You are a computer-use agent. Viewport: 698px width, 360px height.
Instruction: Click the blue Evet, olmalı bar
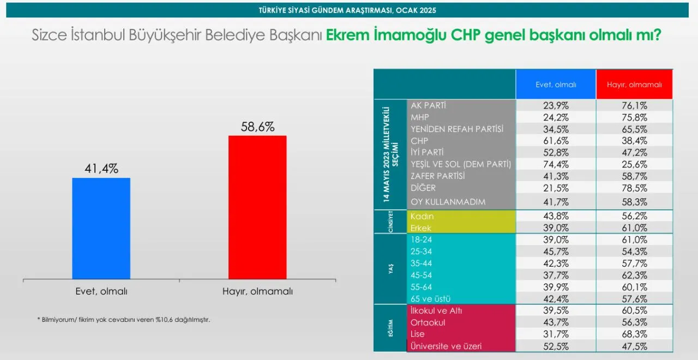(x=101, y=229)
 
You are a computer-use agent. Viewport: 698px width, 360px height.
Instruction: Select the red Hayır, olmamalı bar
(x=257, y=207)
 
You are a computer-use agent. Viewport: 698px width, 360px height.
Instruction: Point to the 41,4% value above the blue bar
(x=101, y=169)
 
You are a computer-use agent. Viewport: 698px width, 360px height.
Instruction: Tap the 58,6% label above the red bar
(x=258, y=127)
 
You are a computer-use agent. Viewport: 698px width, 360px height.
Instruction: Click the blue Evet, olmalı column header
(x=556, y=84)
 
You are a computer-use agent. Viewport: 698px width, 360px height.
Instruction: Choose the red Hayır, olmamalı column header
(x=634, y=84)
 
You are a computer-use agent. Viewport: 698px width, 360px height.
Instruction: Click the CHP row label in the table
(x=419, y=141)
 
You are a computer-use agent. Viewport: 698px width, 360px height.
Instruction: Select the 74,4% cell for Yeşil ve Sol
(x=556, y=164)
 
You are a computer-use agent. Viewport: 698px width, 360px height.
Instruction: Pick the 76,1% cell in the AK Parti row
(x=634, y=106)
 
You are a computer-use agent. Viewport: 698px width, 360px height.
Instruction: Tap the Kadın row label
(x=422, y=217)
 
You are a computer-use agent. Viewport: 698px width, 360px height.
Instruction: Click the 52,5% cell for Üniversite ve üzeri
(x=556, y=346)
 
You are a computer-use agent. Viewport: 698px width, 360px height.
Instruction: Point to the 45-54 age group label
(x=421, y=275)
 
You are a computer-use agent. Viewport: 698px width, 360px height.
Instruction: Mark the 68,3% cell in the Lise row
(x=634, y=334)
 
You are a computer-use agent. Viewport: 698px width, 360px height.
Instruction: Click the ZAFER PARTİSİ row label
(x=437, y=176)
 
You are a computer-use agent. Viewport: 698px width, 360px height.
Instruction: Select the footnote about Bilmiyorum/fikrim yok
(x=124, y=320)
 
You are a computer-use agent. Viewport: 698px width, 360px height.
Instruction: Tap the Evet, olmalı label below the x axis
(x=101, y=291)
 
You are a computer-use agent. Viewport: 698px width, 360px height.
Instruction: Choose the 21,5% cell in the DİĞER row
(x=556, y=188)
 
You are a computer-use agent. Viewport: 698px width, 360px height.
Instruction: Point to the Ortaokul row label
(x=428, y=322)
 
